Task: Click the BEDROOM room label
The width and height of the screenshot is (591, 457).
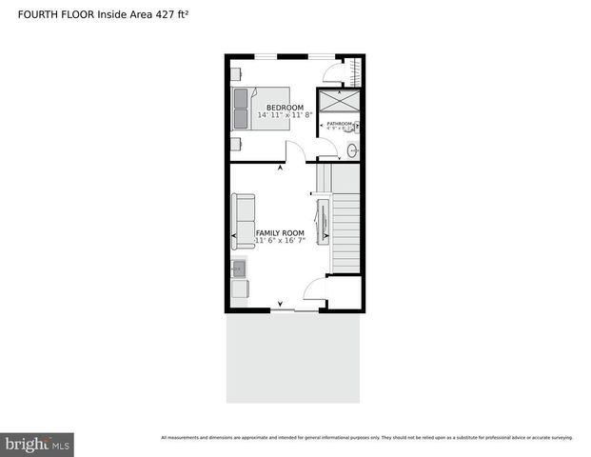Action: point(285,108)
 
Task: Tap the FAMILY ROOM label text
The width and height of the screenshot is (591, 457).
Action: point(280,233)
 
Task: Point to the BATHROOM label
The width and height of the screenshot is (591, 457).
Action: point(340,124)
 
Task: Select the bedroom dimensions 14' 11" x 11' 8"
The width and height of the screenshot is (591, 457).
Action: point(285,115)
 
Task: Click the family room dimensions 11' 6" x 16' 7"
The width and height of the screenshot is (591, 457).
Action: point(279,241)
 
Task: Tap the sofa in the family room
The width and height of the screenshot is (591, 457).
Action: point(244,221)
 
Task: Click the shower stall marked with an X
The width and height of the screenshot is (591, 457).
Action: point(339,103)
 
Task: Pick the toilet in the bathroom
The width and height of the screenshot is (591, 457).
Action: point(356,126)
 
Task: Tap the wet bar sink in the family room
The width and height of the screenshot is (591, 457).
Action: point(239,270)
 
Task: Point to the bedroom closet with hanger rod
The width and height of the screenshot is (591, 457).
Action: point(357,73)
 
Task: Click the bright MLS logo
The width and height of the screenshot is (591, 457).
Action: point(37,445)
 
